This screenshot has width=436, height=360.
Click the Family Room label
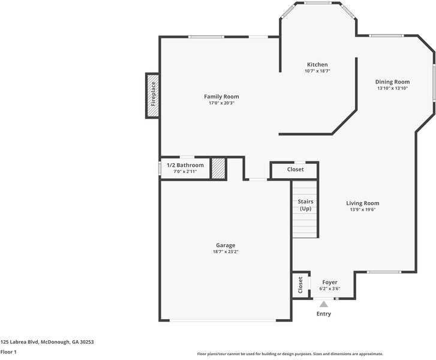(x=221, y=97)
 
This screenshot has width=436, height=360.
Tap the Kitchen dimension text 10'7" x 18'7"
(x=317, y=71)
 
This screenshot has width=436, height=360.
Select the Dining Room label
(x=392, y=82)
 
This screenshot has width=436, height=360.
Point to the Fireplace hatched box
(x=153, y=95)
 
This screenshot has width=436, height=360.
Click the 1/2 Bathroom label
(x=185, y=165)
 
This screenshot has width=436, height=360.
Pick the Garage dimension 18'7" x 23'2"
(x=225, y=252)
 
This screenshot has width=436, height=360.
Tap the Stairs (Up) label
(x=305, y=205)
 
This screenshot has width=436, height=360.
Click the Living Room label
(x=362, y=203)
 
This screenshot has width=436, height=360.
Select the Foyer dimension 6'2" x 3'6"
(x=329, y=289)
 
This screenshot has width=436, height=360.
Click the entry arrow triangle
(x=324, y=304)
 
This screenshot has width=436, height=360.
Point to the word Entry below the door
(x=324, y=314)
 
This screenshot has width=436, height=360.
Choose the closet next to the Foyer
(x=300, y=286)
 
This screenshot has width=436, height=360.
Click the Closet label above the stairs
(x=295, y=170)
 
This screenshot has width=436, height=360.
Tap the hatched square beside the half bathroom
(x=218, y=169)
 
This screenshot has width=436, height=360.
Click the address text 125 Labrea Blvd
(x=47, y=341)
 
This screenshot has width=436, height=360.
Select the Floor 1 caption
(x=8, y=352)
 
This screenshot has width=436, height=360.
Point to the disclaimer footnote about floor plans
(x=290, y=354)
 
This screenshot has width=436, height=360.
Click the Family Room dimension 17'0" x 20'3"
(x=221, y=103)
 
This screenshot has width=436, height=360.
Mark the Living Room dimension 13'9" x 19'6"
(x=362, y=210)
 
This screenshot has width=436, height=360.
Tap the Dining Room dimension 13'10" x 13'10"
(x=392, y=88)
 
